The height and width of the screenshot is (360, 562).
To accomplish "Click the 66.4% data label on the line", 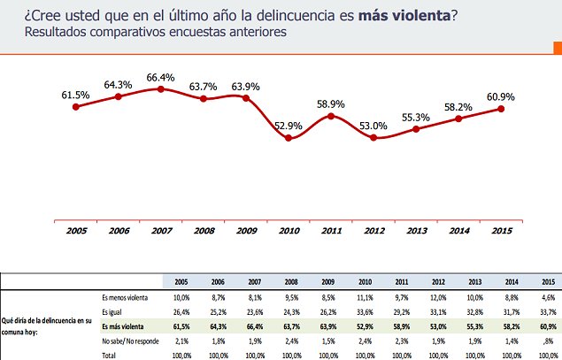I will click(x=159, y=71).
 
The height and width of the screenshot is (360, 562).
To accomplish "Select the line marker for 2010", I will click(x=289, y=138).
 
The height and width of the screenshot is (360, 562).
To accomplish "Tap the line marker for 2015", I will click(x=502, y=109).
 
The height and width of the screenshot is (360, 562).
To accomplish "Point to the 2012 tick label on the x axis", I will click(x=373, y=232).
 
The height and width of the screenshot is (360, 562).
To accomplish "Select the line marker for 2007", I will click(x=159, y=88).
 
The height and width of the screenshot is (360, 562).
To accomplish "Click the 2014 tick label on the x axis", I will click(x=459, y=232).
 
